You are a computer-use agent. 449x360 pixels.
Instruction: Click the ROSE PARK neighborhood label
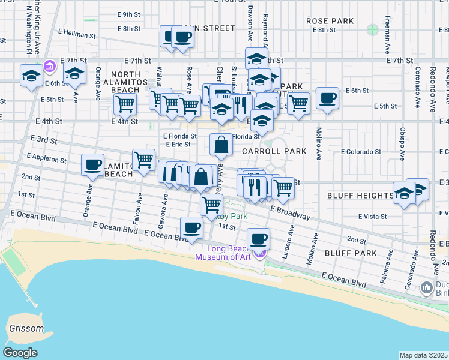coord(330,21)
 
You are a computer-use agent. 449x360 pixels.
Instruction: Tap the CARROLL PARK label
coord(274,152)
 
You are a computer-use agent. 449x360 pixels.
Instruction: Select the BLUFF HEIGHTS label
coord(360,196)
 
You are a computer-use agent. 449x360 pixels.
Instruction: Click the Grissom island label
coord(26,329)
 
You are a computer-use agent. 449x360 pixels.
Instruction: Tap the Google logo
coord(20,353)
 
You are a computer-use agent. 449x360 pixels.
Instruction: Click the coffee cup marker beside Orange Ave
coord(93,165)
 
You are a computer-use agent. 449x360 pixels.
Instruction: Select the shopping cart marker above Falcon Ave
coord(144,160)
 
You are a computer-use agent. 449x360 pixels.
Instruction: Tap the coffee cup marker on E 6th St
coord(327,98)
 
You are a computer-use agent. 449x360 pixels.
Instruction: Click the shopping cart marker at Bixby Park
coord(211,205)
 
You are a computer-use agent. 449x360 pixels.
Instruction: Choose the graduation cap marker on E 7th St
coord(256,59)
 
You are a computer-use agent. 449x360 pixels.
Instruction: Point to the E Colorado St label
coord(361,152)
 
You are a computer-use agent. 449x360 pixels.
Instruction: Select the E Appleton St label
coord(46,160)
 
